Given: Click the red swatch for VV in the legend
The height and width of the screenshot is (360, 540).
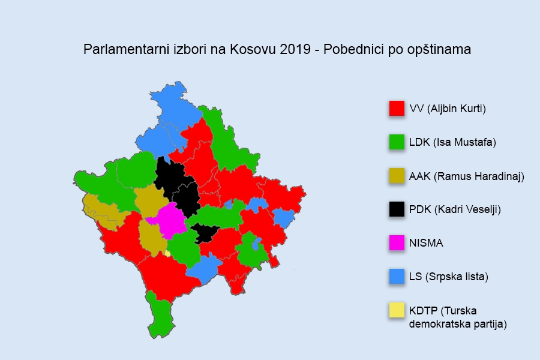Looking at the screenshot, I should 396,108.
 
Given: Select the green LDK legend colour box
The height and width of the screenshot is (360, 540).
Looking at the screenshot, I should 396,142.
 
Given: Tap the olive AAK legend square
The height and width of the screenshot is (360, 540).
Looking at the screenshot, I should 396,175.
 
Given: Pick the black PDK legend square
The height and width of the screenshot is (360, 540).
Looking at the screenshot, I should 396,209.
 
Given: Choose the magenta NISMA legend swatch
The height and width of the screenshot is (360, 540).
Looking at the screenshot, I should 396,242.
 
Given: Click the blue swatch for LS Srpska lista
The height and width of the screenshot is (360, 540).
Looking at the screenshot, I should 396,276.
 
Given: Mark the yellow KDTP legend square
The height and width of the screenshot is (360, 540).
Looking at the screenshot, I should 396,310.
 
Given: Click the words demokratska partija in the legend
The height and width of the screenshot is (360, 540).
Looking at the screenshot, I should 458,324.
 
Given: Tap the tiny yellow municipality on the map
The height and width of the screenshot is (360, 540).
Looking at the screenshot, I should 167,253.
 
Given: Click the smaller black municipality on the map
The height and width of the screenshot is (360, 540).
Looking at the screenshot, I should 205,233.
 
